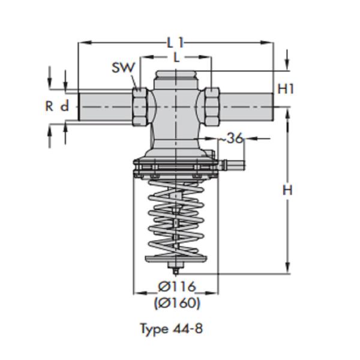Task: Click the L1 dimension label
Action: tap(175, 42)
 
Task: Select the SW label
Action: tap(123, 67)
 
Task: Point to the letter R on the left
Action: tap(49, 106)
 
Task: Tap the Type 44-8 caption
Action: tap(175, 328)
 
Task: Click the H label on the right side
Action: tap(287, 191)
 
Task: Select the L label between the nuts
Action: tap(175, 58)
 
